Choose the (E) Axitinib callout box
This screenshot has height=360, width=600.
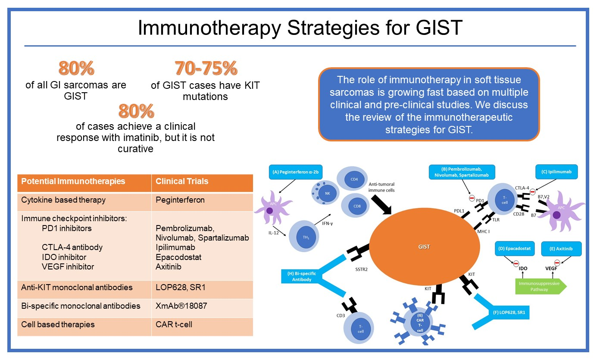click(561, 249)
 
